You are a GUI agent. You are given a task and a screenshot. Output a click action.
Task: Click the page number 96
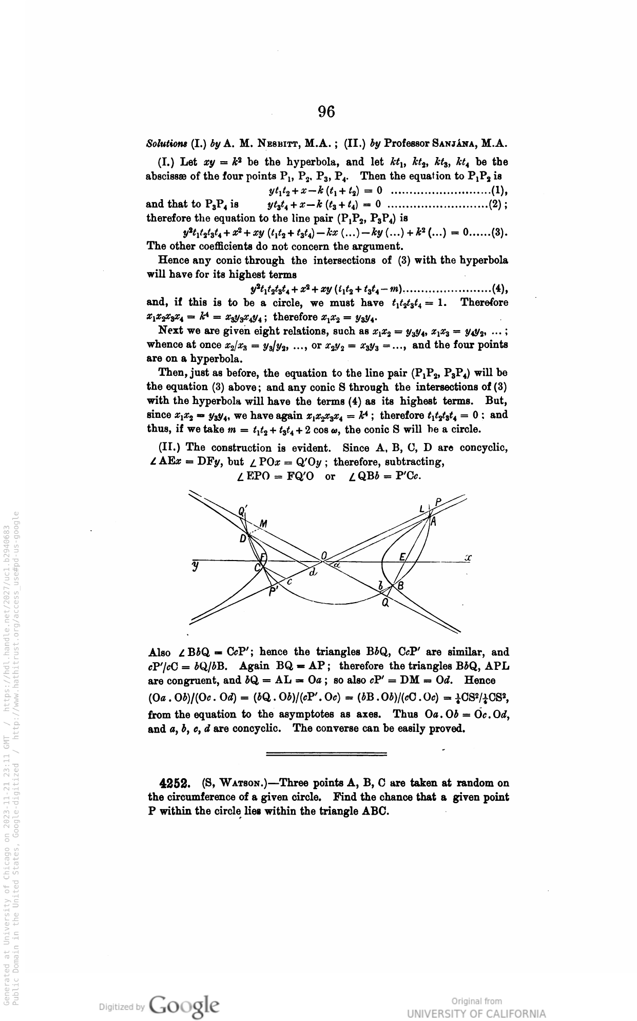point(326,112)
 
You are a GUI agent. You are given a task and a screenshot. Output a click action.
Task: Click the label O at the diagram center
point(324,555)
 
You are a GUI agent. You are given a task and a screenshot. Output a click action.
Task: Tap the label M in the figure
point(263,524)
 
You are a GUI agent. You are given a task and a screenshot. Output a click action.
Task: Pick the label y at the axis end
point(195,566)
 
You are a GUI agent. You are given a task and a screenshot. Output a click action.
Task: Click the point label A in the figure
point(433,522)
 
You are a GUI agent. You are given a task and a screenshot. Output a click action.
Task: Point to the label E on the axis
point(402,557)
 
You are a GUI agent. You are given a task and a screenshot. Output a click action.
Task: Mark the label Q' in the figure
point(243,511)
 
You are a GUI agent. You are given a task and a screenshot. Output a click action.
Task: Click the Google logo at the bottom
point(184,1004)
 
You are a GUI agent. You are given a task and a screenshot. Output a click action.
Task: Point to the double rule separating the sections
point(326,754)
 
